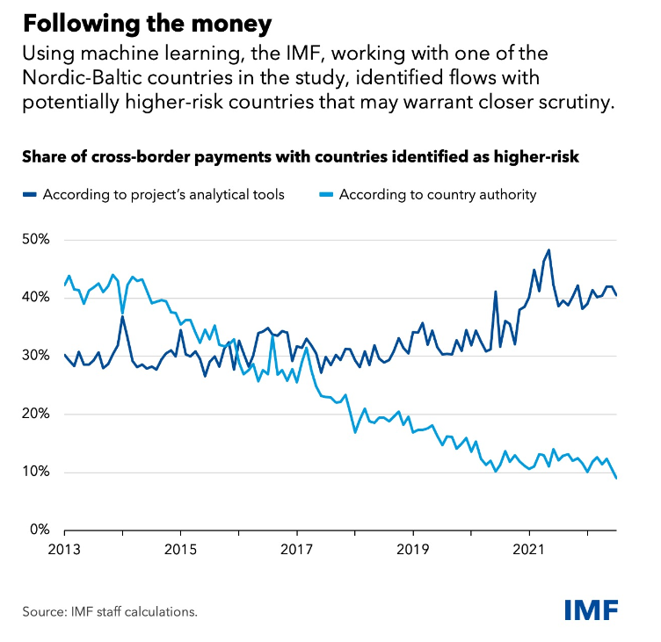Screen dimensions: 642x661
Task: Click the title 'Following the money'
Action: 148,18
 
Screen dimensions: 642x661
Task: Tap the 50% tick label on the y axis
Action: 37,240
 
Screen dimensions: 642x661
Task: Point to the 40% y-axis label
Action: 37,298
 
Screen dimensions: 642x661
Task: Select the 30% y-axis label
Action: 37,356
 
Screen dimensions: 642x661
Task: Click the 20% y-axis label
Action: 37,414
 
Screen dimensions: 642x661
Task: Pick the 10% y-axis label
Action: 37,472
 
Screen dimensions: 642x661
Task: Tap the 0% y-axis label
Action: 40,530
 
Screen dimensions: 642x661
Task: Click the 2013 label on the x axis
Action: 64,550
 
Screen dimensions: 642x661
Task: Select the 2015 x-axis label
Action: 180,550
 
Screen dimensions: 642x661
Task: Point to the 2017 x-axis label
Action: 296,550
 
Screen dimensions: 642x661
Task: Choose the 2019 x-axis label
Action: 413,550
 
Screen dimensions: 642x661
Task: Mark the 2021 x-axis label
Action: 529,550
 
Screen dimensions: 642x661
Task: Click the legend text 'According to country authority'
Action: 437,195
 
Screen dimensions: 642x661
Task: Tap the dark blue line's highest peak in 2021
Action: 549,250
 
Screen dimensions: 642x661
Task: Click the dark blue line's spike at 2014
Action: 123,316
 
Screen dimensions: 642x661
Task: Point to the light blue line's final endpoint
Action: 616,479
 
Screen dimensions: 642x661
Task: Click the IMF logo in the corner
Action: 591,609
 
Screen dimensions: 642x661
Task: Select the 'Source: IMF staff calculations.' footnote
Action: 110,610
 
